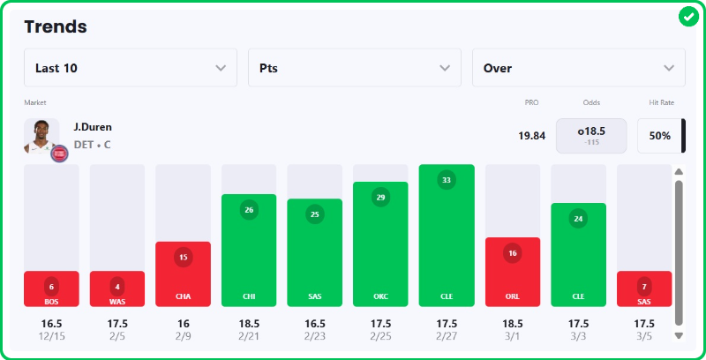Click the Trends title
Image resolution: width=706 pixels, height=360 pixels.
56,26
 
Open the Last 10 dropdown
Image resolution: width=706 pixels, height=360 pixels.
131,68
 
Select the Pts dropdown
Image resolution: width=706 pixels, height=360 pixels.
355,68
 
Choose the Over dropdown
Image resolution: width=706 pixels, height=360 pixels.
579,68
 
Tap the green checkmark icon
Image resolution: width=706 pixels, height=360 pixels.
688,17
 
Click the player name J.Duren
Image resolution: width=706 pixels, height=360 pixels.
93,127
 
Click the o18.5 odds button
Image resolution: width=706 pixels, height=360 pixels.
591,136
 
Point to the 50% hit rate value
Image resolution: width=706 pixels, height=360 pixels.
660,136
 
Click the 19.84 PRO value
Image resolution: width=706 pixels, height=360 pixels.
532,136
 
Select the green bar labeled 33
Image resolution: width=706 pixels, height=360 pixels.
447,236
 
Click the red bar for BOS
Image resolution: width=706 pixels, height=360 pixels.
51,289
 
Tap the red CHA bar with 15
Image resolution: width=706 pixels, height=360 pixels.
183,274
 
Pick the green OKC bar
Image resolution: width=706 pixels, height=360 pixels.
380,244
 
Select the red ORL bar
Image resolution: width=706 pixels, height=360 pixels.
513,272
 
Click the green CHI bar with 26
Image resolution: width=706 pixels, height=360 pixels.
249,250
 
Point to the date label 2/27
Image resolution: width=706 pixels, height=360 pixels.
447,336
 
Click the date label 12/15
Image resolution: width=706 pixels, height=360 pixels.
51,336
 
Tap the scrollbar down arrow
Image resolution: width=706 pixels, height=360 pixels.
679,335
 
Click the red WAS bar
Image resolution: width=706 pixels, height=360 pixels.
117,289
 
